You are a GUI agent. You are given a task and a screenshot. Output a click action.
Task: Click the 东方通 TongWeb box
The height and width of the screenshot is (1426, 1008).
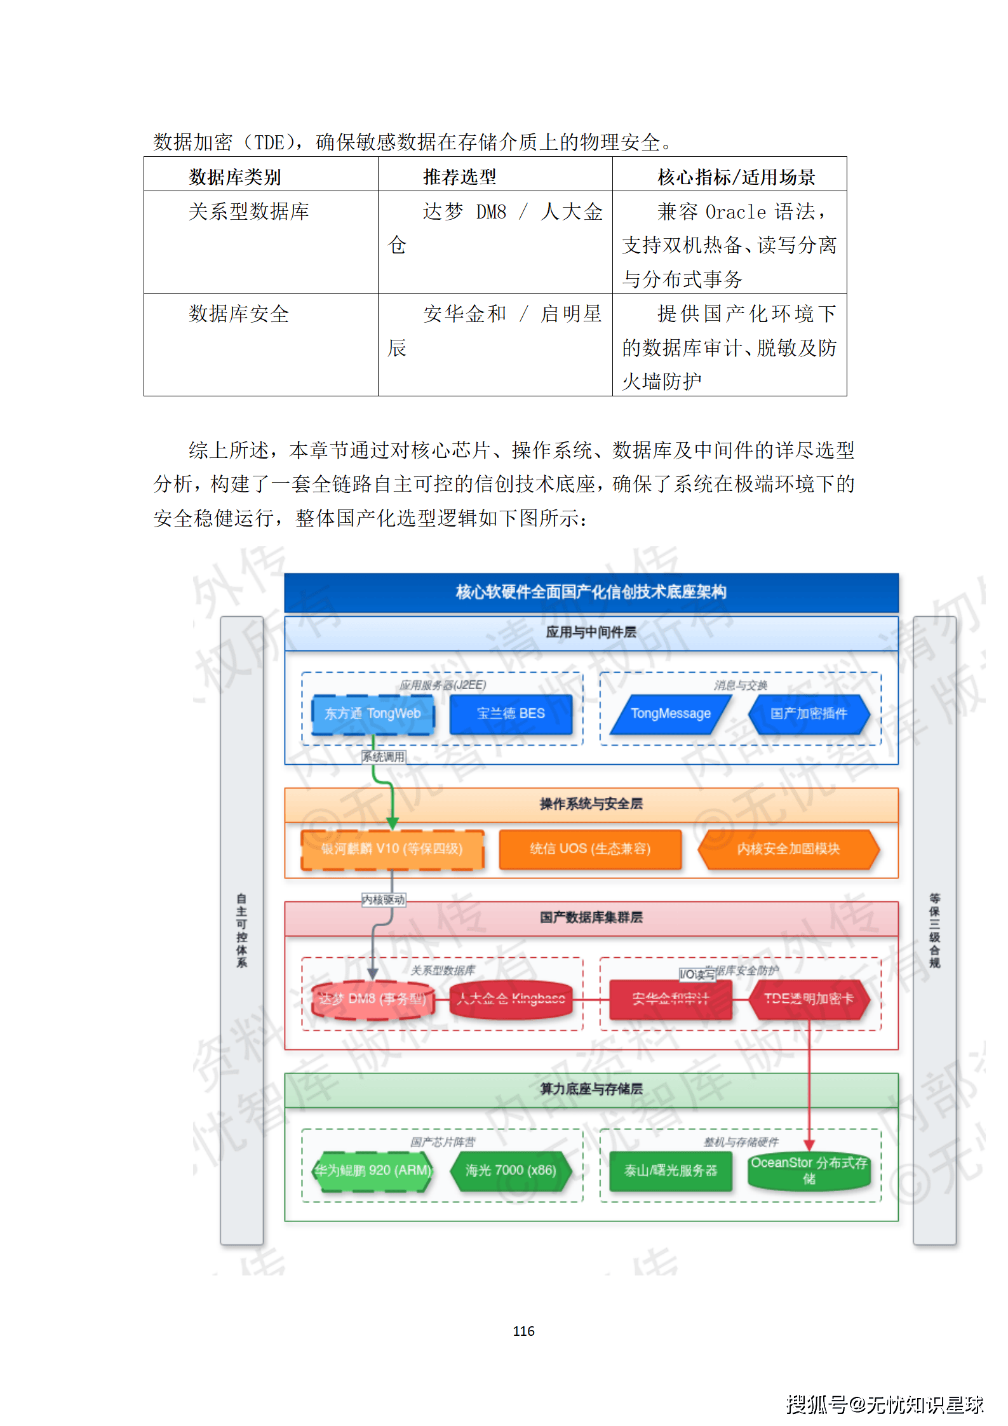tap(372, 714)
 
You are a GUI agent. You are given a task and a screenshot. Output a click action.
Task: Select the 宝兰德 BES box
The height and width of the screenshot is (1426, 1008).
tap(511, 714)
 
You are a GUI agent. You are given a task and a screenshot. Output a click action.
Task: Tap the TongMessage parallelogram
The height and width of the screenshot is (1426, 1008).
tap(670, 714)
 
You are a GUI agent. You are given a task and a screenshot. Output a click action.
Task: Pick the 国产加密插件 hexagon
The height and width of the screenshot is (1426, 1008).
tap(809, 714)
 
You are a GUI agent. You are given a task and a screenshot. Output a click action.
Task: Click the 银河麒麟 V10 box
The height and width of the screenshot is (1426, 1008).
tap(392, 849)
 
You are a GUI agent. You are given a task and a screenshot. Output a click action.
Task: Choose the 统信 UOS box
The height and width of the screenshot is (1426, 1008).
tap(590, 849)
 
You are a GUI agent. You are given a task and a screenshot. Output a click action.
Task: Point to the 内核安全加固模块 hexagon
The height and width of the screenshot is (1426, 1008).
tap(788, 849)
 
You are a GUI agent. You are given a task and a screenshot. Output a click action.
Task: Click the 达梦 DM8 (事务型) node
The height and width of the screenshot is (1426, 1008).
tap(372, 999)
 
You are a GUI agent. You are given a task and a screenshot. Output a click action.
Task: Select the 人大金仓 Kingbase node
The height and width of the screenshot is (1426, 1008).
tap(511, 999)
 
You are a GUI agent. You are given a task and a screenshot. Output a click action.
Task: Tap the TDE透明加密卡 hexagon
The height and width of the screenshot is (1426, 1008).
tap(809, 999)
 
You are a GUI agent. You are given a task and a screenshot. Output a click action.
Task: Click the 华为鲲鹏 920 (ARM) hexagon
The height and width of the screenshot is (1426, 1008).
tap(372, 1171)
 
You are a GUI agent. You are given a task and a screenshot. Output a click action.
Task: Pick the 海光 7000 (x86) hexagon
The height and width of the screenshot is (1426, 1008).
tap(511, 1171)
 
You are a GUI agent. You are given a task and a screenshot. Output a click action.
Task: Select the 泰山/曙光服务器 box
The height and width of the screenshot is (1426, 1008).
tap(670, 1171)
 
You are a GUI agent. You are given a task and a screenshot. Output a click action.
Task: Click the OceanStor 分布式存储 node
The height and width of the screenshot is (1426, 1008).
tap(809, 1171)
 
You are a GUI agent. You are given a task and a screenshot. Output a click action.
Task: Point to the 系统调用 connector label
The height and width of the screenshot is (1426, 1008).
tap(383, 757)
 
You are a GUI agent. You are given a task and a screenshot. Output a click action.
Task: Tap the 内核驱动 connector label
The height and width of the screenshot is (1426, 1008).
tap(383, 900)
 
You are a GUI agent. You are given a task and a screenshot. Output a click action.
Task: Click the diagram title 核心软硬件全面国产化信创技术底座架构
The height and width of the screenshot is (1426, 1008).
tap(591, 593)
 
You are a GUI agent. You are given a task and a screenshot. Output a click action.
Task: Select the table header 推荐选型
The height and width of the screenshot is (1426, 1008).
tap(459, 177)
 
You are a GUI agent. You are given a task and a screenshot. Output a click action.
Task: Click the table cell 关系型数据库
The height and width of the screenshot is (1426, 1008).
tap(248, 212)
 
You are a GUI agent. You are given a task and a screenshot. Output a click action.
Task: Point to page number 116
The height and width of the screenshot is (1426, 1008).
tap(523, 1331)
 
